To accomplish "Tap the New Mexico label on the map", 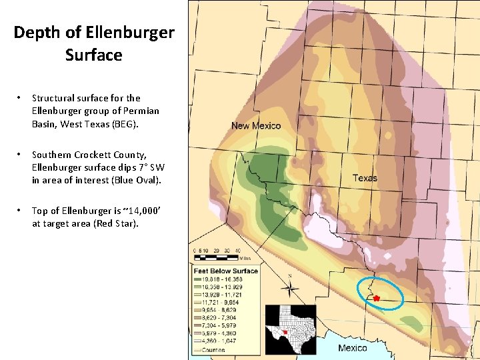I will click(256, 126).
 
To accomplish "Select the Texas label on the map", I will click(365, 178).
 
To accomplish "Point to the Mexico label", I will click(352, 348).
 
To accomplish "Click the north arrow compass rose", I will click(289, 288).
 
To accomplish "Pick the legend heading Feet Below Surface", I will click(225, 271).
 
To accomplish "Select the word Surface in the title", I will click(94, 55).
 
